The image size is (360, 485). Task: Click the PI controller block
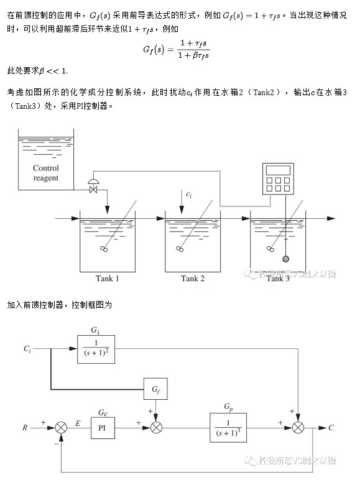[x=103, y=428]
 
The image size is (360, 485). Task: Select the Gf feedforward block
[x=155, y=389]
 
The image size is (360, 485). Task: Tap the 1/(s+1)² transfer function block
[x=96, y=349]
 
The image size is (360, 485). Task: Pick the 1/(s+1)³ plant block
[x=228, y=428]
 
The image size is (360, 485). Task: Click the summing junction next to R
[x=61, y=428]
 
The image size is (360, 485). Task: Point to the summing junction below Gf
[x=156, y=428]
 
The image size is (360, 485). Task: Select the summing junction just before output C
[x=298, y=428]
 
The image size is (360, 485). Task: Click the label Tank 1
[x=108, y=279]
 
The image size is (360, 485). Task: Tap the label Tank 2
[x=193, y=279]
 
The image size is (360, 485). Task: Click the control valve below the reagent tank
[x=93, y=186]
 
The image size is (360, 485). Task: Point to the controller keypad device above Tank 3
[x=278, y=179]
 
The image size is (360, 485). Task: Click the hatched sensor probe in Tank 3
[x=286, y=259]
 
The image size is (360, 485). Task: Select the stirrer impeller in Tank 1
[x=104, y=249]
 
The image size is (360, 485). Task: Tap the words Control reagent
[x=46, y=173]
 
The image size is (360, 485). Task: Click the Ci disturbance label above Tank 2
[x=188, y=194]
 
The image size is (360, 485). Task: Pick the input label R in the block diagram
[x=25, y=428]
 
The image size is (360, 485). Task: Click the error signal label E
[x=78, y=423]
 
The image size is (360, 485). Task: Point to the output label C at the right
[x=331, y=428]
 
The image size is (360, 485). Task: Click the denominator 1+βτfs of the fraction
[x=193, y=56]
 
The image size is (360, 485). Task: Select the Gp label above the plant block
[x=228, y=407]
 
